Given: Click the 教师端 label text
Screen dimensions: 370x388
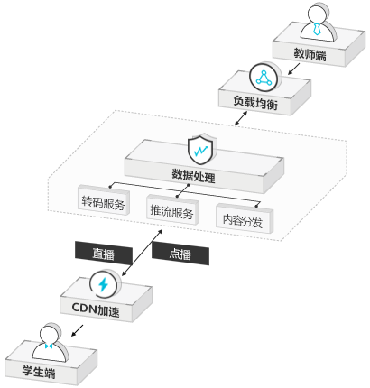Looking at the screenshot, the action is coord(310,54).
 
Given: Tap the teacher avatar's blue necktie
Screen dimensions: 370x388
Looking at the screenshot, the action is coord(316,29).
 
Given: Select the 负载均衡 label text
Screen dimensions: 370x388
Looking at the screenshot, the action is coord(255,103).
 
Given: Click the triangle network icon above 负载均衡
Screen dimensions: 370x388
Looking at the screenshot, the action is coord(264,78).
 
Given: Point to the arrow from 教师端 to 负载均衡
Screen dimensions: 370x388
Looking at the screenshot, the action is coord(294,69).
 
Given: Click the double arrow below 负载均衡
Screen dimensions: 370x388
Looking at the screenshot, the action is coord(241,118).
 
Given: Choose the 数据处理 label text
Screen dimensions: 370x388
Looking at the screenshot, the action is coord(193,175).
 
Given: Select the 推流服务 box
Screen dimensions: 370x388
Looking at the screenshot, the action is coord(172,210).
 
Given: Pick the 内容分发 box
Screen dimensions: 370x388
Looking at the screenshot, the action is coord(245,219).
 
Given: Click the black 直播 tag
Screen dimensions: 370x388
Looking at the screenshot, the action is coord(104,253).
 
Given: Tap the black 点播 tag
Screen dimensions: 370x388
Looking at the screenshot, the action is coord(180,254).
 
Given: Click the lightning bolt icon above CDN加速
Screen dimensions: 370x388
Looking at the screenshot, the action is coord(103,284).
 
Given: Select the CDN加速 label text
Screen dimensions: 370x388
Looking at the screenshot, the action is coord(96,309).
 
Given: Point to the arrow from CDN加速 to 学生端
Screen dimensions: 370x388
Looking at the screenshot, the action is coord(77,330).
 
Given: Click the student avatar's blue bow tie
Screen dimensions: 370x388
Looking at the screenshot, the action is coord(49,346).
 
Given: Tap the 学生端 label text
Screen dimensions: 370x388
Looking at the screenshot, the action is coord(39,372).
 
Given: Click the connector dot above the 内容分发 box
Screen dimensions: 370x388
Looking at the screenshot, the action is coord(256,206).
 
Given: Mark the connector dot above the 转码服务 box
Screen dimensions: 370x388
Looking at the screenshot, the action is coord(110,187).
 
